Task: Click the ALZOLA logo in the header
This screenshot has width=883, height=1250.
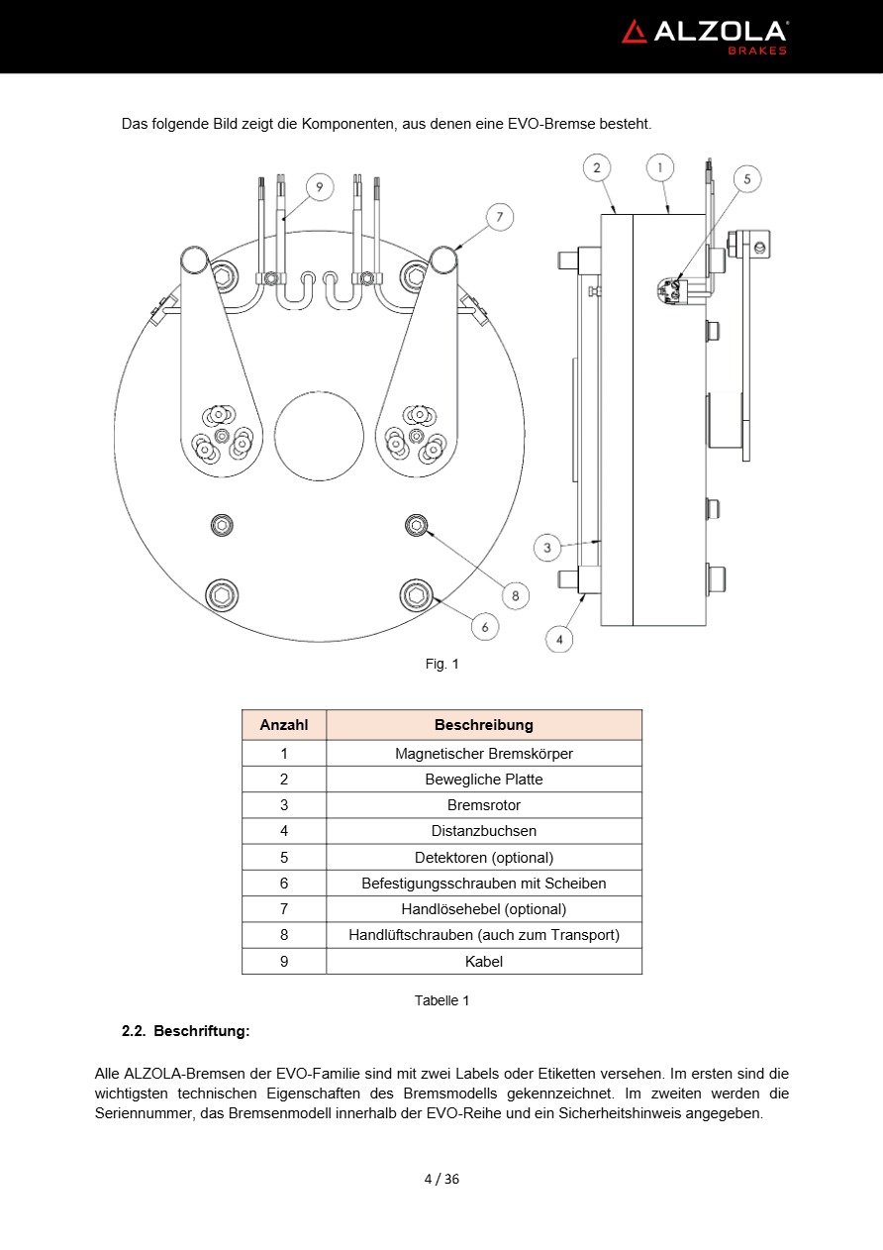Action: coord(704,35)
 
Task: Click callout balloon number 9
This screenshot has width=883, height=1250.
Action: coord(319,186)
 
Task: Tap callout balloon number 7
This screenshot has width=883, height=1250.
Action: coord(500,216)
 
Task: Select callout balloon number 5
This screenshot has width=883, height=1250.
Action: coord(747,179)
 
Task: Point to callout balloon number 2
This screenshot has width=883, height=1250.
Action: coord(596,167)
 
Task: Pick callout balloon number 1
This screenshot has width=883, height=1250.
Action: coord(660,167)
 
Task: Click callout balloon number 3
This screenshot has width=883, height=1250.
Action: coord(547,546)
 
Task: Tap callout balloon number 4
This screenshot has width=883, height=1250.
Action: coord(559,639)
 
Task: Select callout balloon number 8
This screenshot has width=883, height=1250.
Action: coord(515,595)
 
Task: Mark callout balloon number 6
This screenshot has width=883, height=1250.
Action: coord(484,626)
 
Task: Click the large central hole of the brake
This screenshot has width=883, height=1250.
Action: coord(319,436)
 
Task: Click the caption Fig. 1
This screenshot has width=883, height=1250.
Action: coord(441,664)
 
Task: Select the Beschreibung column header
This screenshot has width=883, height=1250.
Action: coord(483,725)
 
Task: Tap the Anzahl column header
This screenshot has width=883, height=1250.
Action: coord(284,725)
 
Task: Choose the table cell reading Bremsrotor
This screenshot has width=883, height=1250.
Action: coord(483,805)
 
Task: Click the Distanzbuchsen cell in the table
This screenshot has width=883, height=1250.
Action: coord(483,831)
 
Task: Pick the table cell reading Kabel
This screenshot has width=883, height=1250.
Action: coord(483,961)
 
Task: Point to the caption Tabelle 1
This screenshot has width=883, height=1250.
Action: coord(441,1000)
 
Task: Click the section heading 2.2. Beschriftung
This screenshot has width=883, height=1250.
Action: coord(185,1031)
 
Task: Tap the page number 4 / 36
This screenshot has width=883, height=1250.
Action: coord(441,1179)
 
